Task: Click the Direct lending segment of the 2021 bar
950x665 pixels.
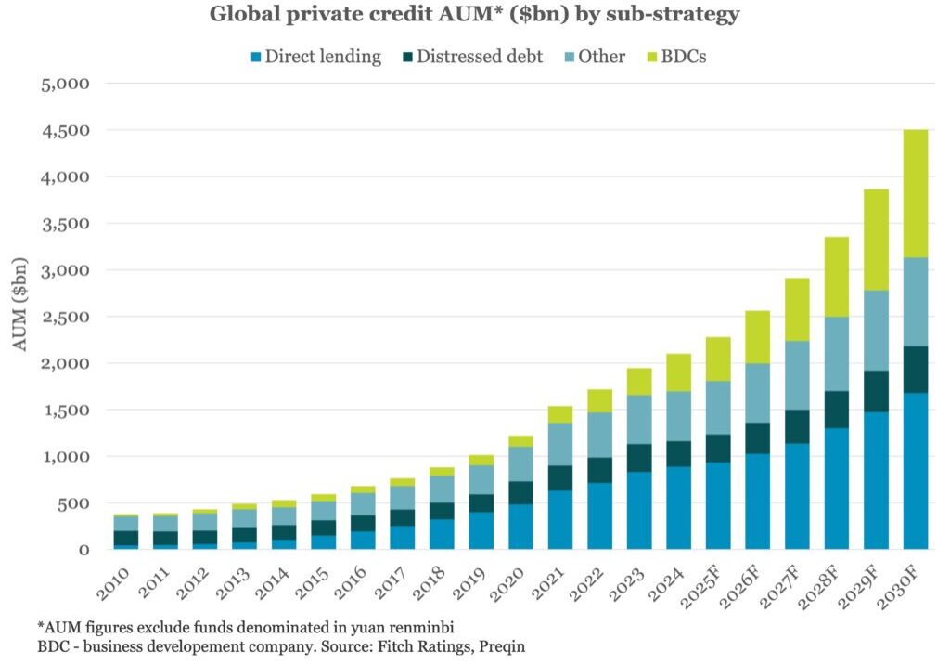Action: tap(559, 519)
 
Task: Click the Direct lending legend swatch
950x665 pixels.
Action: tap(255, 57)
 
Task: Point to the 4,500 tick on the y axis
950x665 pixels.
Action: tap(65, 131)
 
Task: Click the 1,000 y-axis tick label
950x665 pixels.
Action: tap(65, 457)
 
